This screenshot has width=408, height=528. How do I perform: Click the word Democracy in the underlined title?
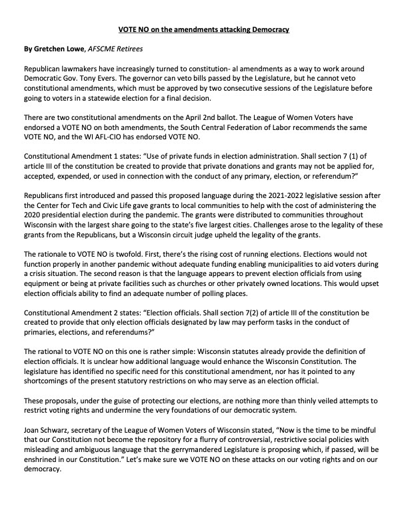pyautogui.click(x=269, y=31)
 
